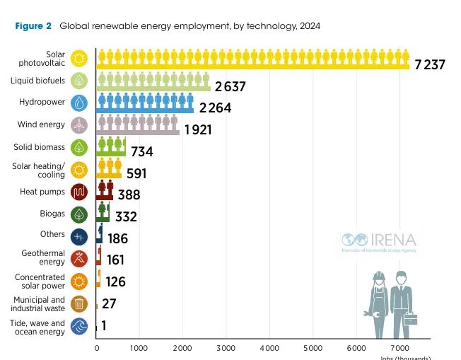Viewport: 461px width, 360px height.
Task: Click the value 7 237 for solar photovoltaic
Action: click(430, 64)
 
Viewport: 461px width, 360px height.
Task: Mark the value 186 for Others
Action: click(117, 239)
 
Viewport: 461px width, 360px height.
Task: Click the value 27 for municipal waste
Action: click(110, 303)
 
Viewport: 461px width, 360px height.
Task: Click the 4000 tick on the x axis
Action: click(269, 349)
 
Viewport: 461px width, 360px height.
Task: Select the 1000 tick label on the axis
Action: click(139, 349)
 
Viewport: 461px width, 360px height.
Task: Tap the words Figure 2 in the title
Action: click(33, 26)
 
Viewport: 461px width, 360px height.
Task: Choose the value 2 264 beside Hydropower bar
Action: click(215, 108)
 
